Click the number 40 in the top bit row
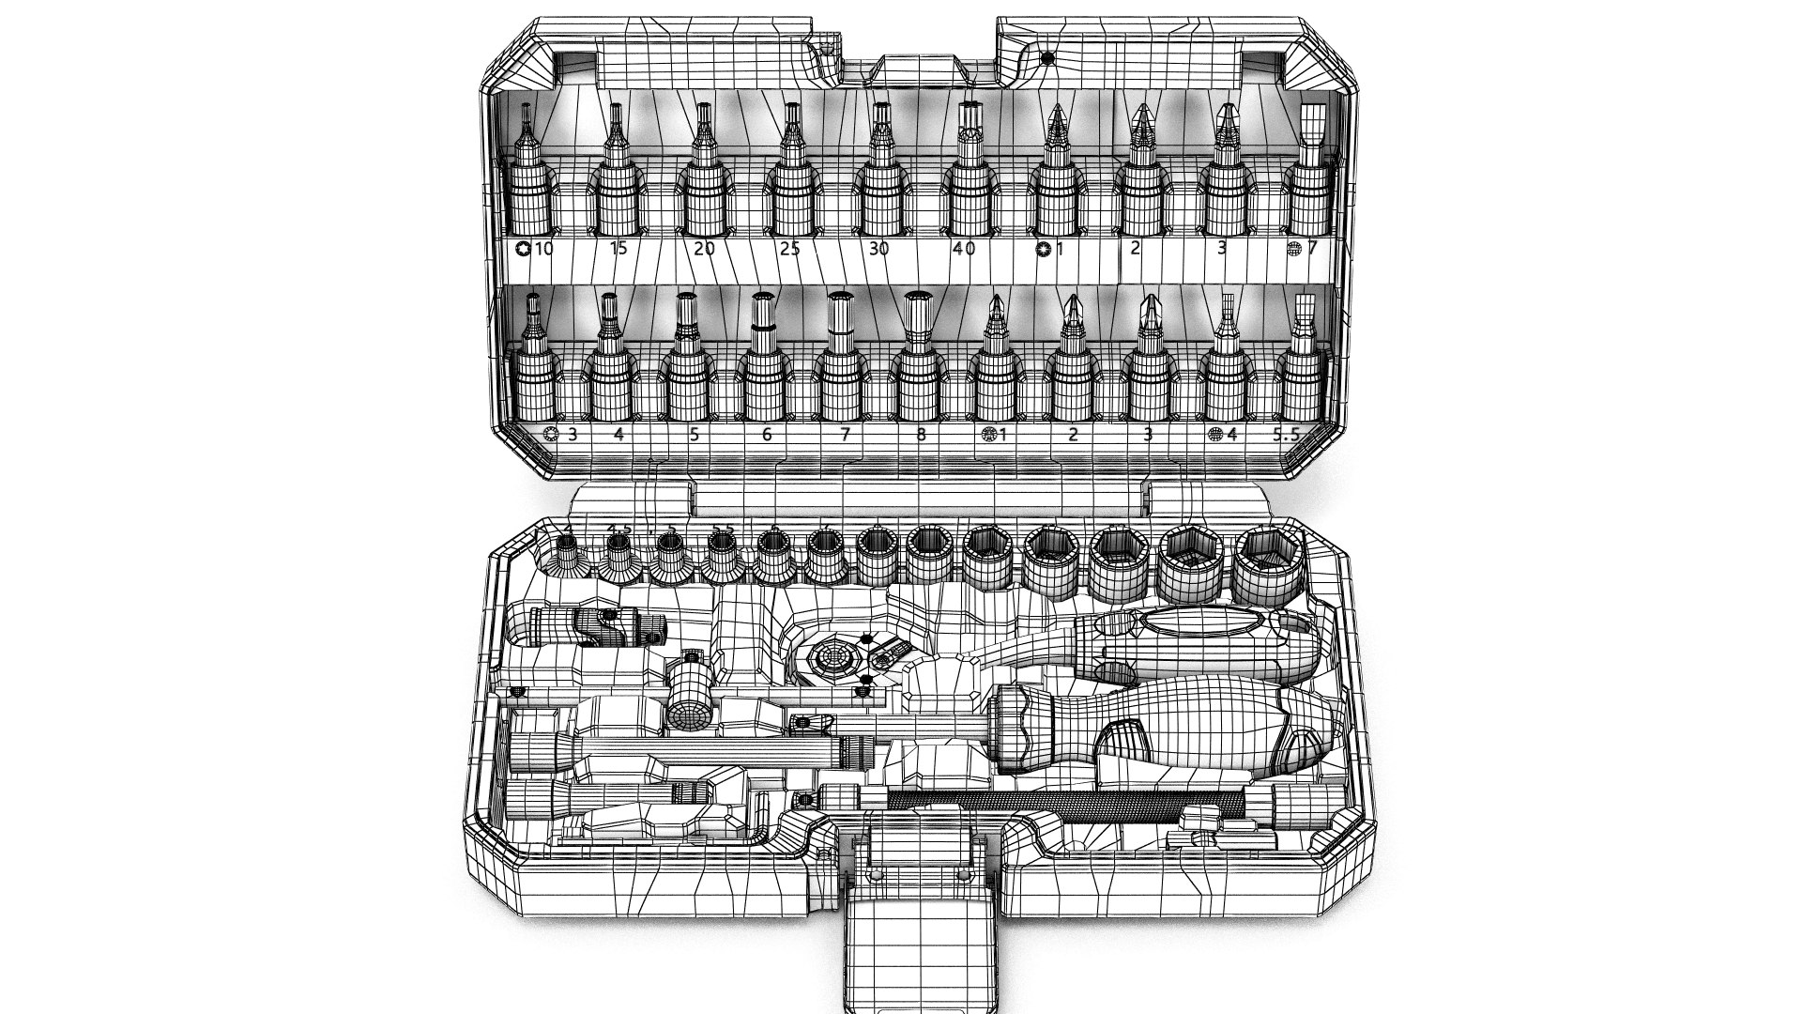pos(963,249)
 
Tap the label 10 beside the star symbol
pos(543,249)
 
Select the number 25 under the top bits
pos(789,249)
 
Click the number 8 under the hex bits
pos(921,435)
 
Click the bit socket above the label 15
pos(617,188)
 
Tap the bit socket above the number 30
pos(879,188)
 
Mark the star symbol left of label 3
pos(551,435)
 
